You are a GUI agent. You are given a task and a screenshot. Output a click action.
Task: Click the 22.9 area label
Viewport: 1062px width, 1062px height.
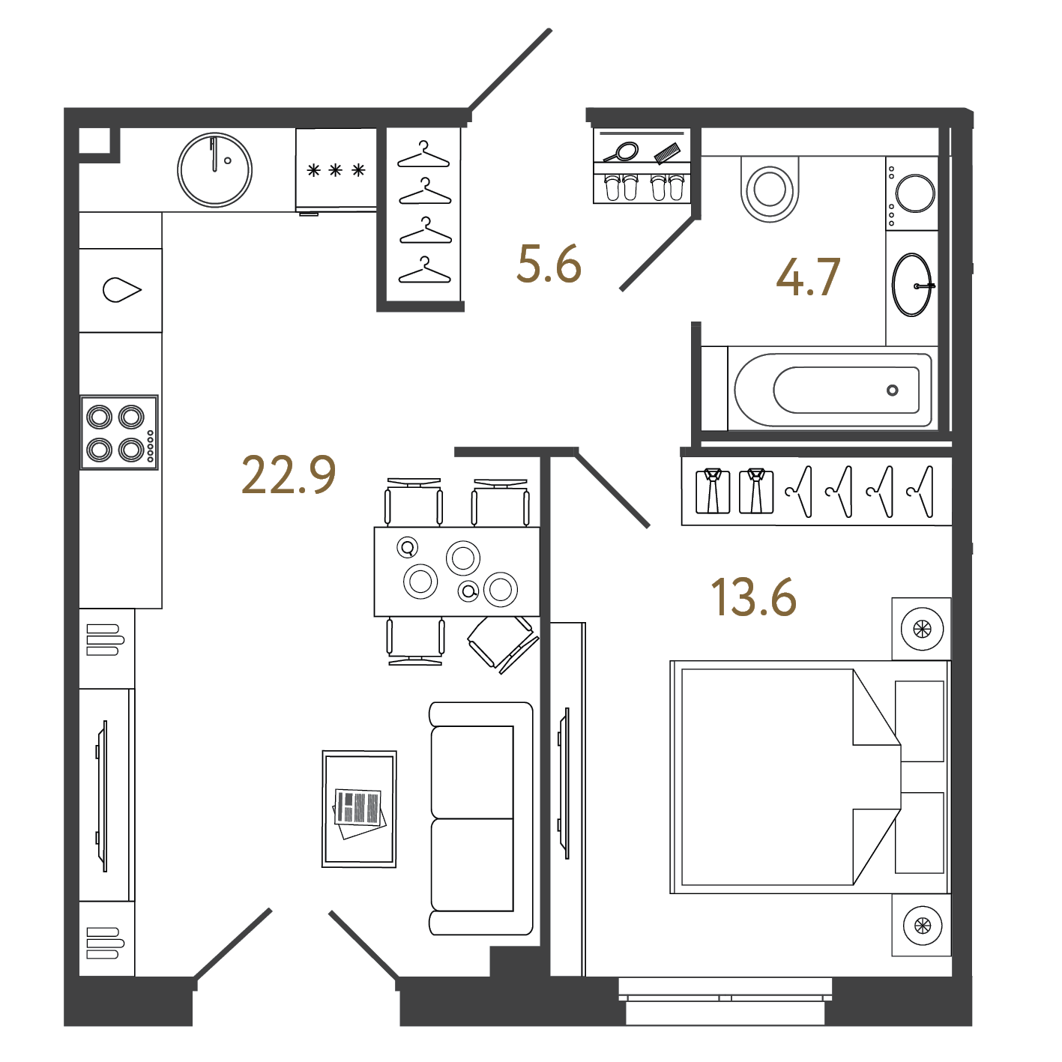289,474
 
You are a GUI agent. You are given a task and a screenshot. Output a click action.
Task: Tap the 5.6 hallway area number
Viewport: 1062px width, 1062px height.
549,264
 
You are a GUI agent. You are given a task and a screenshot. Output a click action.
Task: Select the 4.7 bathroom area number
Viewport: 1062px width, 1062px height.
808,277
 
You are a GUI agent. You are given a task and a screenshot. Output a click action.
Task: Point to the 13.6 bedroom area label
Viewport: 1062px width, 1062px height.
753,597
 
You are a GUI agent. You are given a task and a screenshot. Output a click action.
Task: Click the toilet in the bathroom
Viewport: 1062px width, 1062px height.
770,188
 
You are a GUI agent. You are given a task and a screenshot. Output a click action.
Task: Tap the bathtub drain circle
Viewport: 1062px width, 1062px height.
893,390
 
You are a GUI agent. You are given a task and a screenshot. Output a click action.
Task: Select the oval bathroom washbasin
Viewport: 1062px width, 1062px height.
912,285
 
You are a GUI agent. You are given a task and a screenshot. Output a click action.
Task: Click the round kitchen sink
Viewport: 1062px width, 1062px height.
214,169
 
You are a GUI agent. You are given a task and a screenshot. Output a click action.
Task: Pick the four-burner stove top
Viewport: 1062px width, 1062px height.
119,432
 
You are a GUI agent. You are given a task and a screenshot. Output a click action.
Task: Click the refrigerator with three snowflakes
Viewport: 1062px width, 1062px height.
337,169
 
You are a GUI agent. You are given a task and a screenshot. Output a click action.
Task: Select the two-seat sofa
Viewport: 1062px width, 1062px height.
481,818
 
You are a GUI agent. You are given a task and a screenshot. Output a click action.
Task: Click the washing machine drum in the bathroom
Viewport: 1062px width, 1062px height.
915,193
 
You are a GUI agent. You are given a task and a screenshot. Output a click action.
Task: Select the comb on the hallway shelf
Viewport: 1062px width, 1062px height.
667,153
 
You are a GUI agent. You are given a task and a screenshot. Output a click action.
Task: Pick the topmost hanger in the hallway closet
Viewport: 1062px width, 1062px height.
423,154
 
